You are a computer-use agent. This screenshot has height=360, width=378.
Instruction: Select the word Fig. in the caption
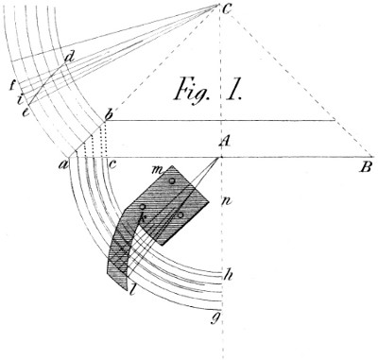(196, 92)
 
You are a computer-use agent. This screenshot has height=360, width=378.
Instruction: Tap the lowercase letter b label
(110, 115)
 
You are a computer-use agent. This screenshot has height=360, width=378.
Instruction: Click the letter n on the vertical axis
(227, 200)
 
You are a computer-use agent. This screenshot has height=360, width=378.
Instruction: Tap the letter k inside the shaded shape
(143, 220)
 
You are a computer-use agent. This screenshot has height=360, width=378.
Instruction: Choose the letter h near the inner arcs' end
(226, 276)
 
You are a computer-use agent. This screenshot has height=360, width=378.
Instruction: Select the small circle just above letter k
(143, 206)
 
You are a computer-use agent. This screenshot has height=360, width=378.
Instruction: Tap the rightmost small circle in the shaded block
(180, 214)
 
